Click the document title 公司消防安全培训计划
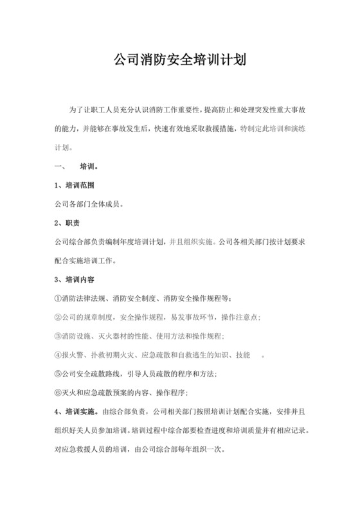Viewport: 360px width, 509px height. tap(180, 62)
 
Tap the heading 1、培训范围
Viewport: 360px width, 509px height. tap(74, 186)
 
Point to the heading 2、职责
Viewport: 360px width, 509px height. tap(66, 224)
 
